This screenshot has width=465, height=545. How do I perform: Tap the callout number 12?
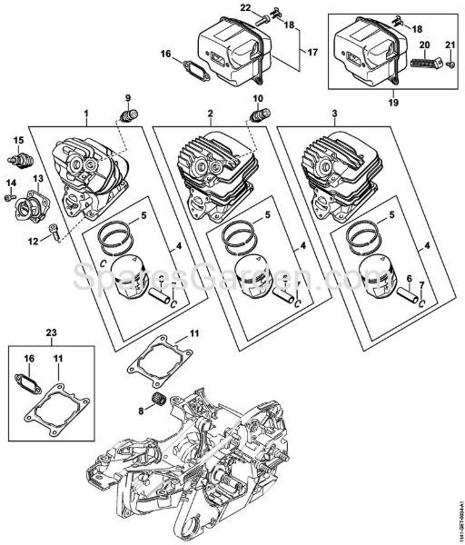[34, 241]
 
